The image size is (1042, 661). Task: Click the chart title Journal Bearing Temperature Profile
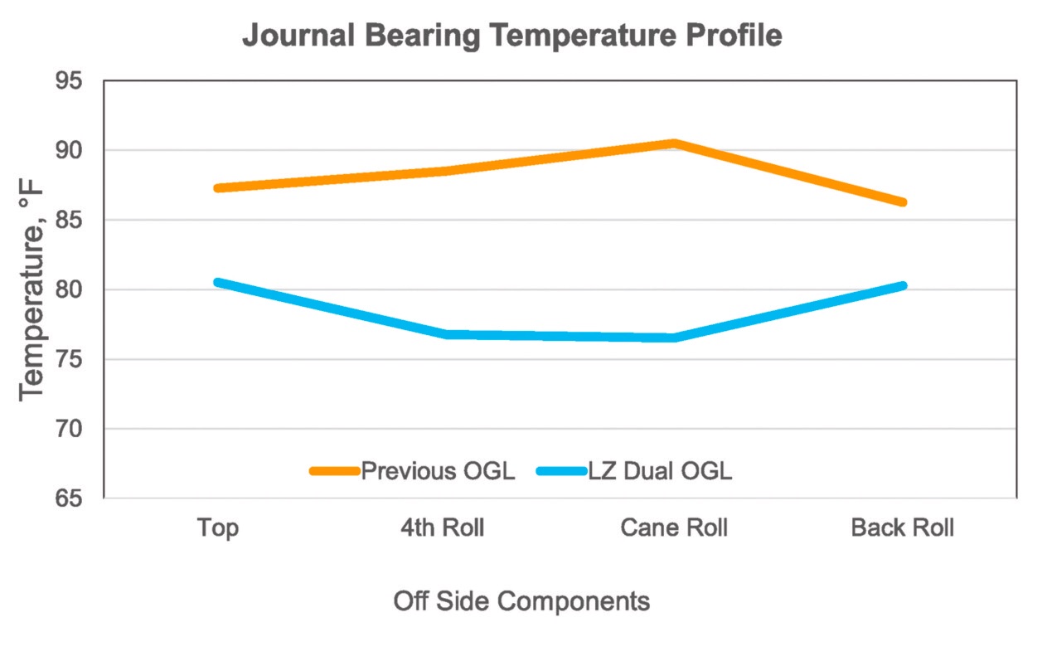(x=511, y=36)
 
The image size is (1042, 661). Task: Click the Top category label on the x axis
(x=218, y=528)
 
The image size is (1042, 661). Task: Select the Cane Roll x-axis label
(x=674, y=528)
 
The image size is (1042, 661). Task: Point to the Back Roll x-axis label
(x=902, y=528)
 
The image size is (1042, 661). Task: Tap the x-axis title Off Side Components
(x=521, y=601)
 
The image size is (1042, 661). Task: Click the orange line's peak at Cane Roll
(x=675, y=143)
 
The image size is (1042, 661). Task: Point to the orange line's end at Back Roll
(x=903, y=202)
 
